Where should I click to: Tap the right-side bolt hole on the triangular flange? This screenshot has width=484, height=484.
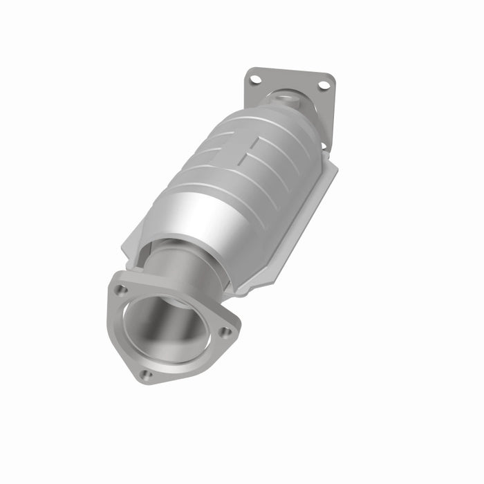click(225, 332)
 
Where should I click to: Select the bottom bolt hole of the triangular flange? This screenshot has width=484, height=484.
click(146, 375)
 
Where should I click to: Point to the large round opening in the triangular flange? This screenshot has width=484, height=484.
click(166, 325)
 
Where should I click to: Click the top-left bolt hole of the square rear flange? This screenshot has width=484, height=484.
click(256, 80)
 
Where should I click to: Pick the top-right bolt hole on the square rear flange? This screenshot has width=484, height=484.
click(323, 85)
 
